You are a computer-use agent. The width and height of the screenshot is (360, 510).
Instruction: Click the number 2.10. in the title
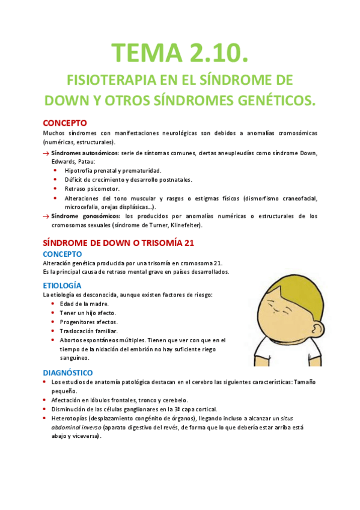(x=213, y=54)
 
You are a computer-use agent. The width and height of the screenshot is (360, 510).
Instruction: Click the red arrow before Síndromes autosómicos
(x=46, y=153)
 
